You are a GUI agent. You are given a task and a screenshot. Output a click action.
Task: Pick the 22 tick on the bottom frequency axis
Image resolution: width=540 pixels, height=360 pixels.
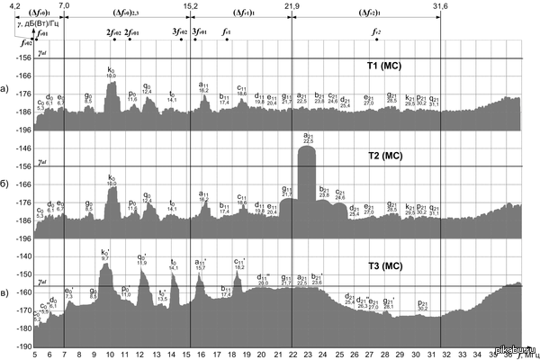292,355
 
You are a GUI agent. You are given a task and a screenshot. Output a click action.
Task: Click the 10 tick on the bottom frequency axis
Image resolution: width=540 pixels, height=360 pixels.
110,355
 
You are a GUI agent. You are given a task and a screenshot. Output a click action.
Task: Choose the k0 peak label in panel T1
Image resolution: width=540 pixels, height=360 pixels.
111,70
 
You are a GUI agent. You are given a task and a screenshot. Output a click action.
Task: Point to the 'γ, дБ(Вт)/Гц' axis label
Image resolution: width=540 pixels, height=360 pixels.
37,22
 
